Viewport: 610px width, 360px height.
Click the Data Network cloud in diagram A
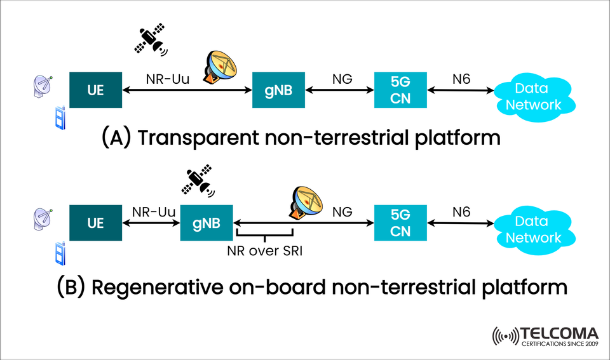(x=533, y=97)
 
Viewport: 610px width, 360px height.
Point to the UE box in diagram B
(x=95, y=223)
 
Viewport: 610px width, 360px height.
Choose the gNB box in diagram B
(x=207, y=223)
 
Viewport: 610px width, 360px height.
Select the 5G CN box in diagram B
(x=400, y=223)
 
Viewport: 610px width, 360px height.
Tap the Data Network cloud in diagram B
(x=533, y=230)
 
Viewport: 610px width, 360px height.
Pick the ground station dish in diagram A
(x=220, y=66)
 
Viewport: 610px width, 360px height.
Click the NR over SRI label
(x=264, y=250)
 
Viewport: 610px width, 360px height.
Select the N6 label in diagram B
(x=461, y=211)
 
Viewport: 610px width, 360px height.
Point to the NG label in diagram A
(x=342, y=79)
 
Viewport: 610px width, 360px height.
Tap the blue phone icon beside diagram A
(x=60, y=117)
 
